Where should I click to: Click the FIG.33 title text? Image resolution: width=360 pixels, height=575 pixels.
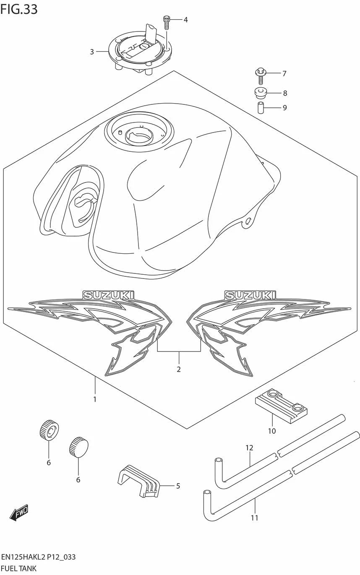[19, 9]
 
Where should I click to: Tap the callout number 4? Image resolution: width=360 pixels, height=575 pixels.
[185, 20]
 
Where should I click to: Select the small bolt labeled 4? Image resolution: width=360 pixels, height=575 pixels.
[167, 22]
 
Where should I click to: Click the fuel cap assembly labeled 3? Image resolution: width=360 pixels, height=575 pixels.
[140, 50]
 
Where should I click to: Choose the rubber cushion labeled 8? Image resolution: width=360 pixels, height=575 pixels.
[261, 92]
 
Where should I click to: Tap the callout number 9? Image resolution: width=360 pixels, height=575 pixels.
[284, 108]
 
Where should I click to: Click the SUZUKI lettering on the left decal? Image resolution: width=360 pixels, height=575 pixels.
[108, 295]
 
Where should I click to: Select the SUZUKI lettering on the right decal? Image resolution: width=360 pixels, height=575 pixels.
[250, 295]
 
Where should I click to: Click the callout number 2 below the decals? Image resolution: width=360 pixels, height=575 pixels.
[179, 369]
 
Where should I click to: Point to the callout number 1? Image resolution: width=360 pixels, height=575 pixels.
[95, 399]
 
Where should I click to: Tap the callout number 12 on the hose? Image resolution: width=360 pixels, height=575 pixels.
[249, 448]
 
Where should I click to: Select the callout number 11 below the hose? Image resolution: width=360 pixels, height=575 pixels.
[254, 518]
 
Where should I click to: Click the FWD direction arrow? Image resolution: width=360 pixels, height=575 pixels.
[19, 512]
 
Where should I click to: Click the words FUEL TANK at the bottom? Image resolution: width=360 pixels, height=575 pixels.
[19, 569]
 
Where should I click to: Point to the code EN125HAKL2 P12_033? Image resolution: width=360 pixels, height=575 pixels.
[39, 557]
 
